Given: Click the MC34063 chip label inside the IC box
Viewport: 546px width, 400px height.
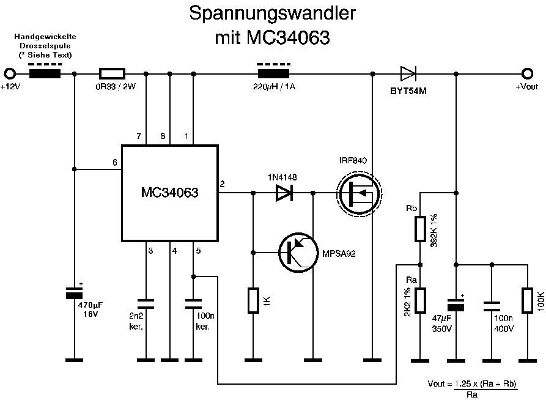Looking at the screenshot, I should click(171, 193).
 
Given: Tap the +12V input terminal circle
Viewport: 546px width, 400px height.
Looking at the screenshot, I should click(10, 74).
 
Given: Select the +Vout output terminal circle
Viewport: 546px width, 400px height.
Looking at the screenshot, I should click(526, 74).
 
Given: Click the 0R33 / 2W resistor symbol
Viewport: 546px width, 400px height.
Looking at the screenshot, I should click(111, 74).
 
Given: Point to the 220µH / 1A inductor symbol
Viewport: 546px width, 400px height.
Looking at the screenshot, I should click(273, 74).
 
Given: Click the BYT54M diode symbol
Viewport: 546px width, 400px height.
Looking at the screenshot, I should click(408, 74).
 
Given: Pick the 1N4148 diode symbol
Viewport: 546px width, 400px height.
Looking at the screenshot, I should click(284, 193).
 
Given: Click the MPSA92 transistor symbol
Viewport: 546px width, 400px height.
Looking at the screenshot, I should click(297, 251).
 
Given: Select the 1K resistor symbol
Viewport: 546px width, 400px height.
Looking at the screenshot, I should click(254, 301).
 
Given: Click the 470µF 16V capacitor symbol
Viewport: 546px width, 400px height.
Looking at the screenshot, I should click(74, 293).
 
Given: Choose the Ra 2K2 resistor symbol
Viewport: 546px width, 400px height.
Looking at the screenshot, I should click(419, 300).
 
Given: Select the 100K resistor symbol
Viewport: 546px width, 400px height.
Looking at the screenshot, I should click(526, 300).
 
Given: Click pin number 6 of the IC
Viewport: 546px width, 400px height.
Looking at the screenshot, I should click(114, 162).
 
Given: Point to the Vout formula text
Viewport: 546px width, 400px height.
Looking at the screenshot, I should click(473, 388).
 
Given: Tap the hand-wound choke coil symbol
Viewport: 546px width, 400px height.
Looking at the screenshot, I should click(45, 74).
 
